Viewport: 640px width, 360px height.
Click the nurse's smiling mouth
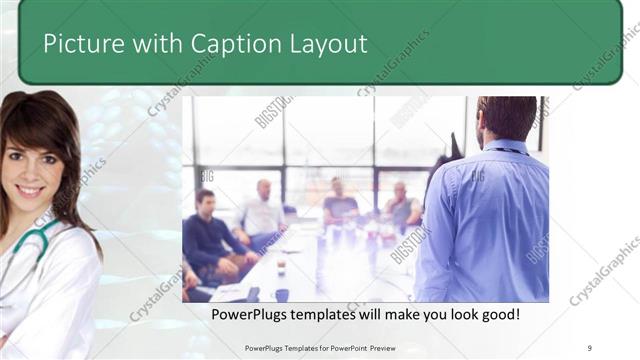pos(30,190)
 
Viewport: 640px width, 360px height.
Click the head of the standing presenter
pos(506,118)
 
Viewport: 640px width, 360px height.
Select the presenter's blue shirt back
pos(486,220)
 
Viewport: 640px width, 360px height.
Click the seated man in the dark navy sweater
pos(208,235)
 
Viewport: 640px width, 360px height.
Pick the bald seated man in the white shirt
pos(262,211)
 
